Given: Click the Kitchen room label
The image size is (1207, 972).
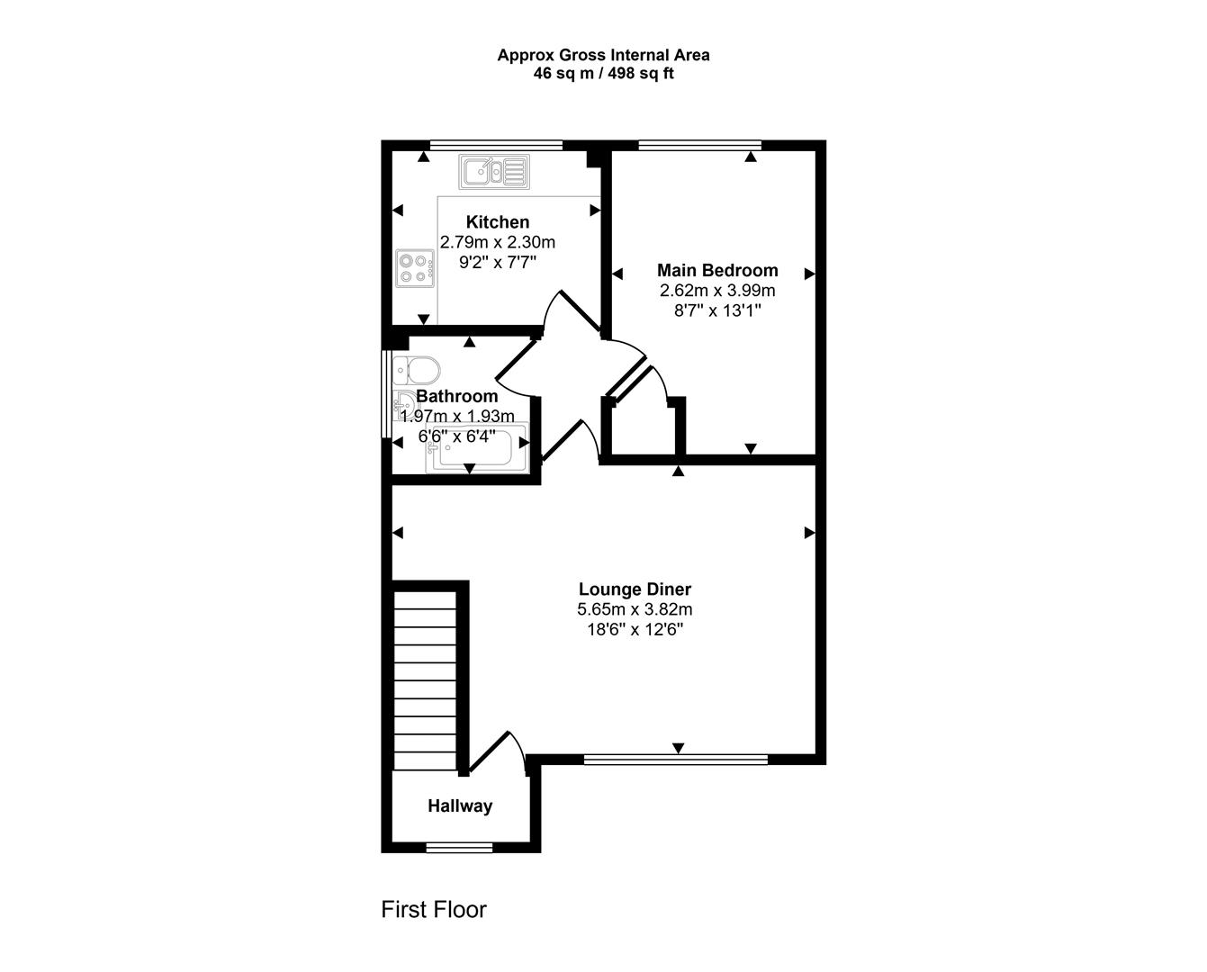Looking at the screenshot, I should click(497, 222).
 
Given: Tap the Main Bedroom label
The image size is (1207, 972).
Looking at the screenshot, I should click(717, 270).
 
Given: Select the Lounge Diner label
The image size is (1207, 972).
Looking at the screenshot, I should click(635, 589).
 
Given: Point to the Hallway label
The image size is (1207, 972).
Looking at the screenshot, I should click(460, 806).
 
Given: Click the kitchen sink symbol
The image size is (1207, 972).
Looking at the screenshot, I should click(494, 171).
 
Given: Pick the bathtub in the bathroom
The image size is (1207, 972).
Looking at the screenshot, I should click(479, 450).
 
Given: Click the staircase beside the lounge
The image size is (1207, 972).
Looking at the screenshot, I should click(426, 679).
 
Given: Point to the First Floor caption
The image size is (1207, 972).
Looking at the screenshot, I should click(434, 909).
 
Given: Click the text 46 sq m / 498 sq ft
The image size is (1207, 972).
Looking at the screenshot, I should click(603, 74).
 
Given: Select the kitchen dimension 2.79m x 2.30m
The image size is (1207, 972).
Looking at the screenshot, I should click(497, 242).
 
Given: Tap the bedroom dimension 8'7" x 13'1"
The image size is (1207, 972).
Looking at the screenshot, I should click(717, 310).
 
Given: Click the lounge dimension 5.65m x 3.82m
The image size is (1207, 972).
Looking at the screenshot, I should click(635, 609).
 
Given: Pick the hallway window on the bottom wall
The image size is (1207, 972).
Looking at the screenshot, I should click(459, 847).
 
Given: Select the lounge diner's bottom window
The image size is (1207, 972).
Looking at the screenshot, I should click(676, 760).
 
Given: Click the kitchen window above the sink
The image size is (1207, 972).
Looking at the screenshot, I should click(496, 145).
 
